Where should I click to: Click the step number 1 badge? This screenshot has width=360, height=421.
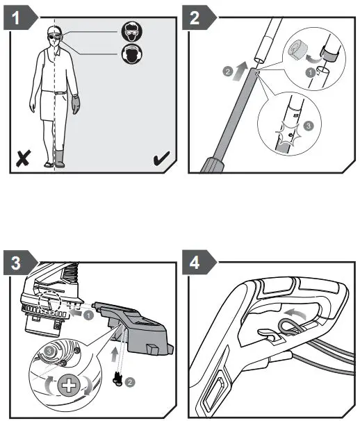point(20,18)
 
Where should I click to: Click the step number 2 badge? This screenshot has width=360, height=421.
point(199,18)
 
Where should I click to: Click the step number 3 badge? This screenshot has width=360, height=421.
point(20,263)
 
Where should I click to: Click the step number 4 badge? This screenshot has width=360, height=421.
point(199,263)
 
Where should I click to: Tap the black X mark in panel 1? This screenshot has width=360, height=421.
point(24,158)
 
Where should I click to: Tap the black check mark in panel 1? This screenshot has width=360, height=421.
point(161,158)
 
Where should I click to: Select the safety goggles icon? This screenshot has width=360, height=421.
point(131,31)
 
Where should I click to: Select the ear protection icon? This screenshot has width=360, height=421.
point(131,54)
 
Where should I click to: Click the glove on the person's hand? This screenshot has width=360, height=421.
point(76,104)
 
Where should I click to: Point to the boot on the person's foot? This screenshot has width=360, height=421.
point(59,159)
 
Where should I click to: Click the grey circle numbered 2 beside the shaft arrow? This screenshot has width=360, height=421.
point(227,72)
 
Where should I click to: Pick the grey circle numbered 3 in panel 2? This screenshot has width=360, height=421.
point(309,126)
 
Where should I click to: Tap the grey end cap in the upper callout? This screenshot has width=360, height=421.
point(297,50)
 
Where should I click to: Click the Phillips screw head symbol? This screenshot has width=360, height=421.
point(69,386)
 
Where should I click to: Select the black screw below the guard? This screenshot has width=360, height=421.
point(117,379)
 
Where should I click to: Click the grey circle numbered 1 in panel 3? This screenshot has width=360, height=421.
point(88,315)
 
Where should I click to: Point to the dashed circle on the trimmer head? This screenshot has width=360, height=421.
point(49,302)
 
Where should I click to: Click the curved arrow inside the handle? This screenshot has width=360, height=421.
point(295,313)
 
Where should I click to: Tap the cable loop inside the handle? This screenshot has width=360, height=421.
point(288,327)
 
